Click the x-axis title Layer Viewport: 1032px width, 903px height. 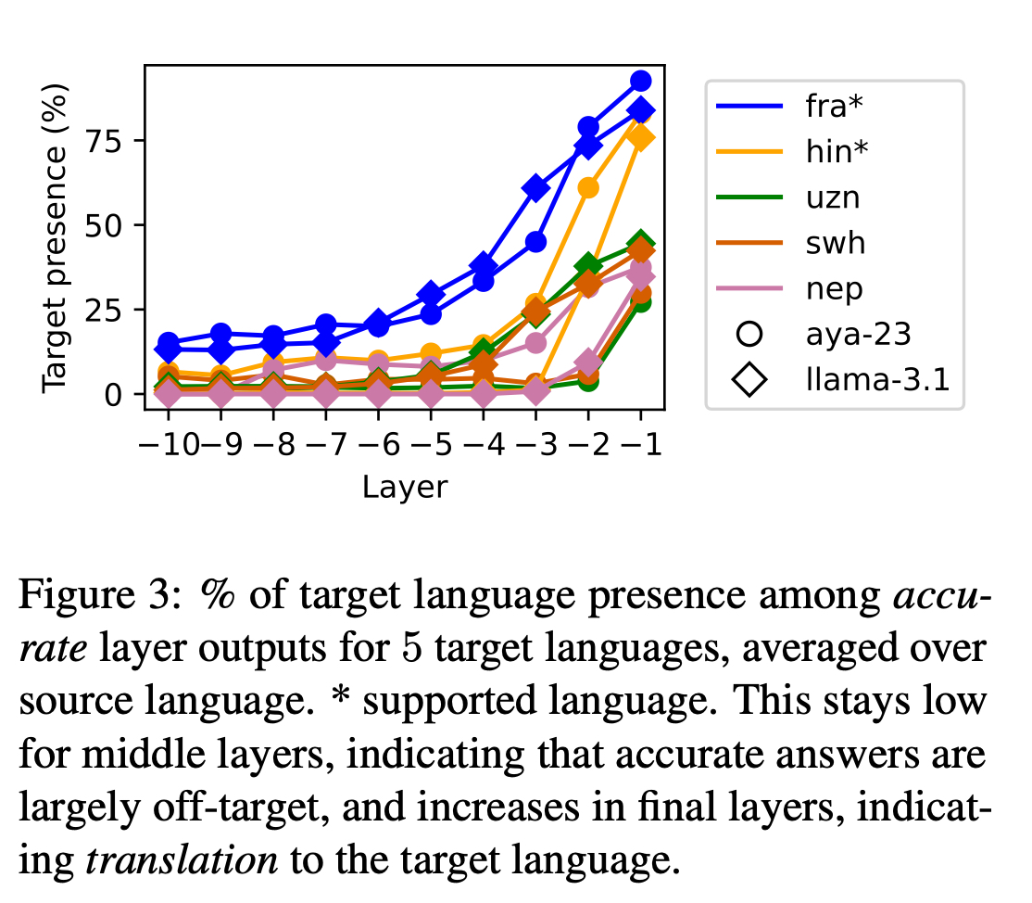(x=405, y=487)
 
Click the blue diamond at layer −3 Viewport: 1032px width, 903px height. (x=535, y=188)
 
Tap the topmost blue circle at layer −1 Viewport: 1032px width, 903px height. (x=641, y=82)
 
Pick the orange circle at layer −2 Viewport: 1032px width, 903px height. (x=588, y=188)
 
